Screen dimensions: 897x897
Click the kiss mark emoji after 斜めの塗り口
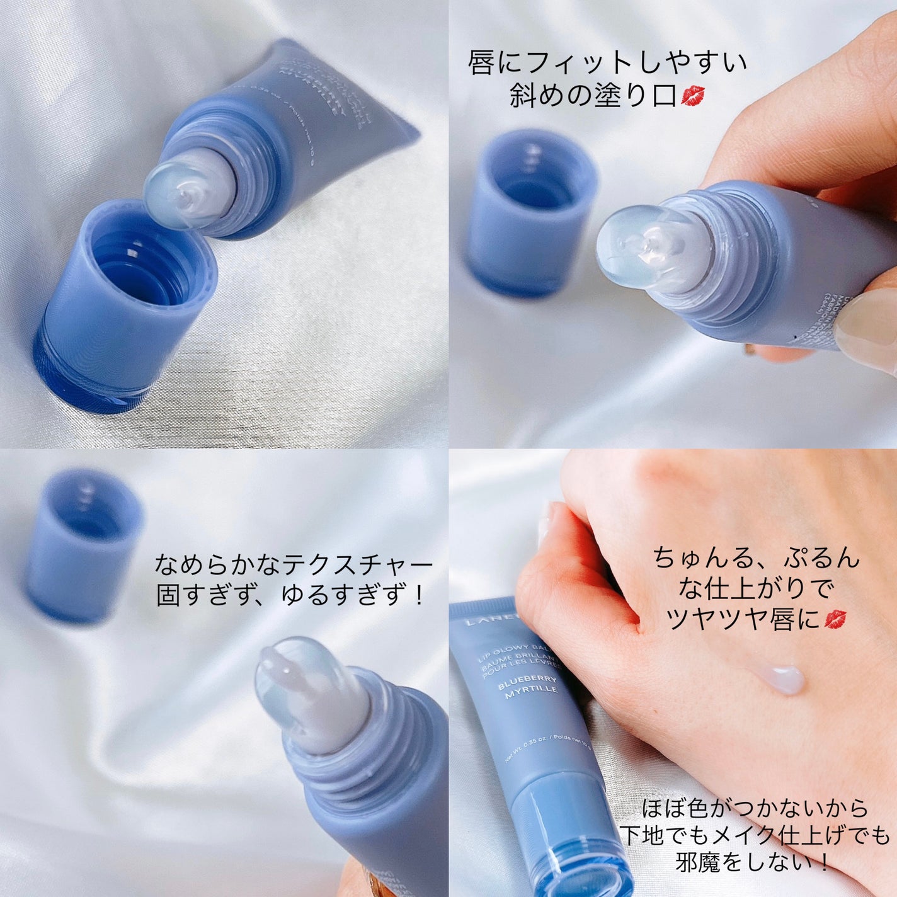click(693, 96)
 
